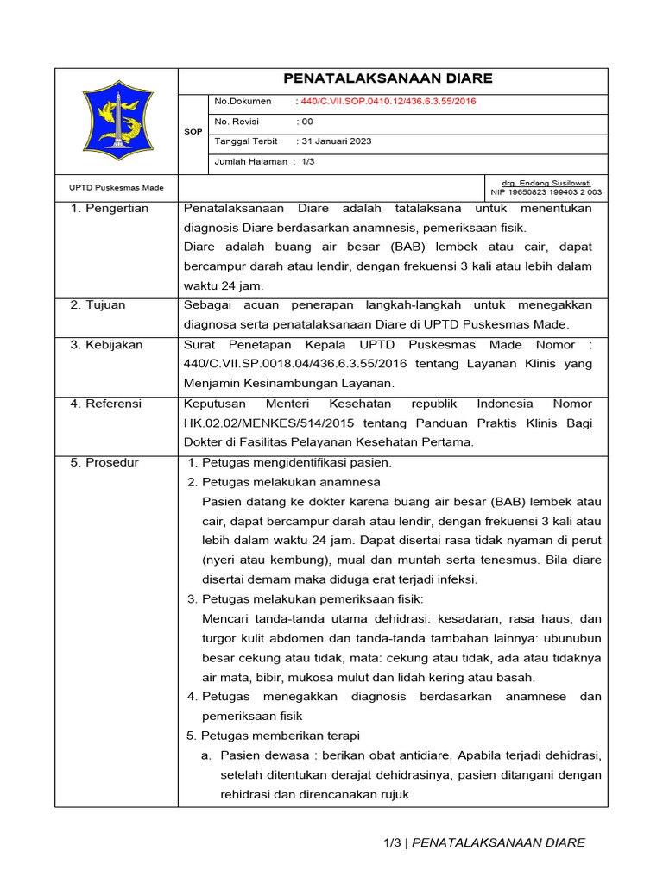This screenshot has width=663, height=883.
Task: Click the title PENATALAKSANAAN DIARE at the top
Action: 393,78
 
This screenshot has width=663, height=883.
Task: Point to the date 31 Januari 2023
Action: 336,141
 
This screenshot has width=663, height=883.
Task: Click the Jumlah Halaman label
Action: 251,162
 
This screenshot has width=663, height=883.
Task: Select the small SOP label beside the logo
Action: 193,132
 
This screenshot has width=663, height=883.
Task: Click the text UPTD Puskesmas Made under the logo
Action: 117,187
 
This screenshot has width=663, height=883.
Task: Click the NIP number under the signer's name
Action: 546,192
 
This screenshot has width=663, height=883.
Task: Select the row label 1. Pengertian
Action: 110,209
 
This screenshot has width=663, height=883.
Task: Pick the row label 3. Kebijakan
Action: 107,345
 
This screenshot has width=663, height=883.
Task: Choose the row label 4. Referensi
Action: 106,404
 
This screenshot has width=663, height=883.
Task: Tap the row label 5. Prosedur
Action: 104,463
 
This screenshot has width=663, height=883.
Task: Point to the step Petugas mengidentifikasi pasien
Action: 296,463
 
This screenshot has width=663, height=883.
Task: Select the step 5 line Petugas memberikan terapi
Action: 280,736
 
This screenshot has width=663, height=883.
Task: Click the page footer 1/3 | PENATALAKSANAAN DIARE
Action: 484,842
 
